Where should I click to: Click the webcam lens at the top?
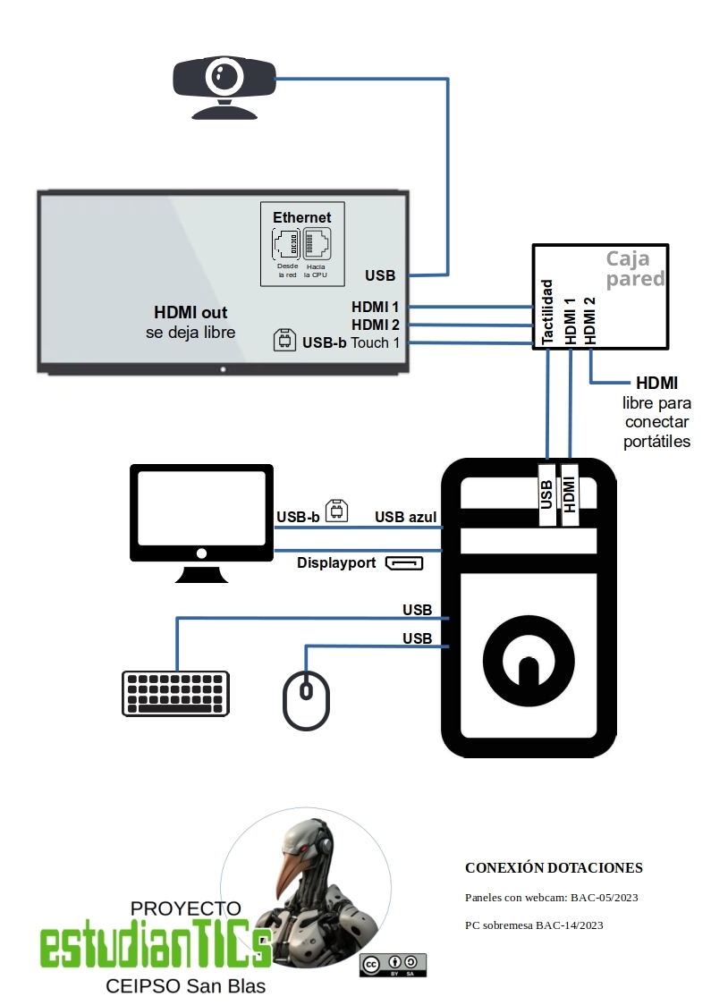pyautogui.click(x=224, y=78)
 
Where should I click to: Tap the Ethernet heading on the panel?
pyautogui.click(x=302, y=217)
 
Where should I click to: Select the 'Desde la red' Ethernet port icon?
pyautogui.click(x=286, y=244)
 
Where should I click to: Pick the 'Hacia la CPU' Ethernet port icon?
pyautogui.click(x=317, y=244)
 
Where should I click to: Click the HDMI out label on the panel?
pyautogui.click(x=190, y=312)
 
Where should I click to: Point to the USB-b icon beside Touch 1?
pyautogui.click(x=284, y=340)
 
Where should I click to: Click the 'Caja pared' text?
pyautogui.click(x=635, y=268)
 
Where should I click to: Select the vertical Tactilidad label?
pyautogui.click(x=546, y=311)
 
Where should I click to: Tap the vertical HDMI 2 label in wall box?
pyautogui.click(x=590, y=320)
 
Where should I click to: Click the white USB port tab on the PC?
pyautogui.click(x=546, y=494)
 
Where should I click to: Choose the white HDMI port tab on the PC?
pyautogui.click(x=570, y=494)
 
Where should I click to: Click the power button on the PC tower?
pyautogui.click(x=529, y=662)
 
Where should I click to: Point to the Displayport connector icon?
pyautogui.click(x=404, y=562)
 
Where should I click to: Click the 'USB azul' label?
pyautogui.click(x=405, y=517)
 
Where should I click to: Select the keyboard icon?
pyautogui.click(x=175, y=694)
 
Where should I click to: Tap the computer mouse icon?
pyautogui.click(x=307, y=701)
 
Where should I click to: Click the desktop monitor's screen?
pyautogui.click(x=201, y=508)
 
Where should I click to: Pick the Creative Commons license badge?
pyautogui.click(x=393, y=965)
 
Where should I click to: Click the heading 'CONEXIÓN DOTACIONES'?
pyautogui.click(x=554, y=868)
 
